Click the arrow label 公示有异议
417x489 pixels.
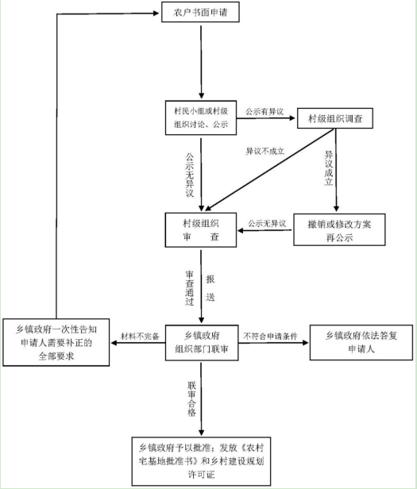(264, 111)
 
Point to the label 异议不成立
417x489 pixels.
(265, 152)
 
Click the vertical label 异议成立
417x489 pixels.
(329, 168)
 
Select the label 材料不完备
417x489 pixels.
(140, 337)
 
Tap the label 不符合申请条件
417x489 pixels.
(270, 337)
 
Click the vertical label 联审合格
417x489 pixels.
(191, 399)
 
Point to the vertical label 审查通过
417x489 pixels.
(190, 288)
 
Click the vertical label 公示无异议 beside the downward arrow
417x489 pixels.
(190, 175)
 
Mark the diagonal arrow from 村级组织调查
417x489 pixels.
(269, 170)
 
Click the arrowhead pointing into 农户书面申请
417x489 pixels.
(156, 13)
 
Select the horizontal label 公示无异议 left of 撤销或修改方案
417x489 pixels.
(267, 223)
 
